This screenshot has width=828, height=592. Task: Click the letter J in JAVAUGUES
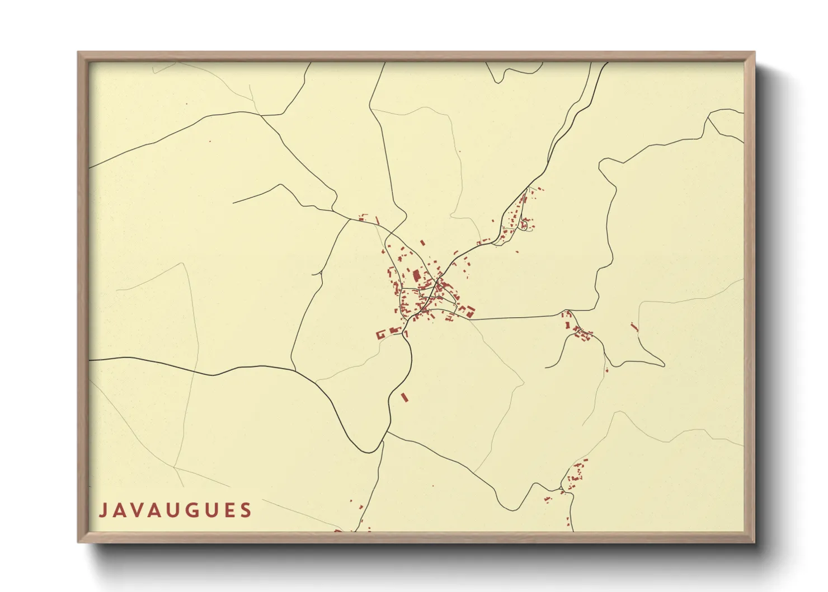coord(103,510)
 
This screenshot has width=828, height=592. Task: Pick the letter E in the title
coord(229,510)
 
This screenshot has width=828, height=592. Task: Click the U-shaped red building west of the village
coord(382,335)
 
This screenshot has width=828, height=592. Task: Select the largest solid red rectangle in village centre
coord(416,276)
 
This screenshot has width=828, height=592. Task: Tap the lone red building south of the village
coord(405,397)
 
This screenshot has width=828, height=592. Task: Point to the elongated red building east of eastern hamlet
coord(634,326)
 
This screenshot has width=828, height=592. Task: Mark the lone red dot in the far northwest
coord(210,141)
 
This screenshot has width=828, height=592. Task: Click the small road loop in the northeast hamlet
coord(524,224)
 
